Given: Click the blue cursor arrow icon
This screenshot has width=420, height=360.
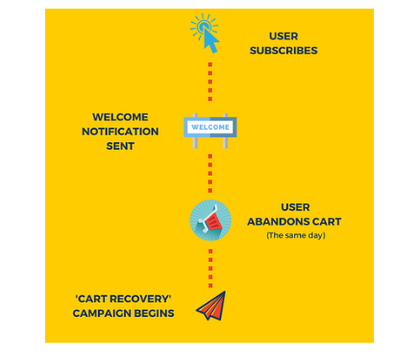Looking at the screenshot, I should pyautogui.click(x=206, y=35).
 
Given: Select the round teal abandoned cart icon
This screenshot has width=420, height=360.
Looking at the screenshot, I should pyautogui.click(x=210, y=220).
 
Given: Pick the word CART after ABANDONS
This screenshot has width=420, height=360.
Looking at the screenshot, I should pyautogui.click(x=325, y=221).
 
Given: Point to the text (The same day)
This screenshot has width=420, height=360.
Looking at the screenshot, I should pyautogui.click(x=295, y=235).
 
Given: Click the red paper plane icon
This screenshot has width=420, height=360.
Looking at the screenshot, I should pyautogui.click(x=210, y=305).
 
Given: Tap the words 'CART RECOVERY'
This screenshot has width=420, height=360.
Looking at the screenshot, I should pyautogui.click(x=123, y=299).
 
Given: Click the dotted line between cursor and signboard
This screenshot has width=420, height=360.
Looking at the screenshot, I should pyautogui.click(x=210, y=83).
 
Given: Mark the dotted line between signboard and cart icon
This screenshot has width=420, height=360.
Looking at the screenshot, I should pyautogui.click(x=210, y=173).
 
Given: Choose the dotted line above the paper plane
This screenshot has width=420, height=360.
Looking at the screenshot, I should pyautogui.click(x=210, y=266).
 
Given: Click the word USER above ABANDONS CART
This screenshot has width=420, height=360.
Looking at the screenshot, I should pyautogui.click(x=294, y=206).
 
